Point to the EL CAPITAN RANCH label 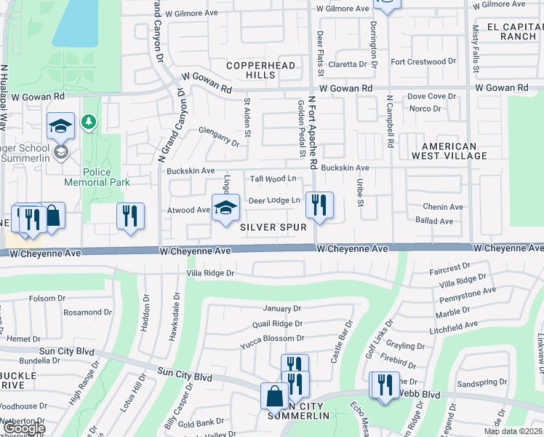click(x=512, y=31)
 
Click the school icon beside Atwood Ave click(x=225, y=208)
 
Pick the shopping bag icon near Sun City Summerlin click(x=275, y=396)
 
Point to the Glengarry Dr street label click(x=219, y=136)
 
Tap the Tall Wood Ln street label click(x=273, y=178)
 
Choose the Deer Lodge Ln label click(x=274, y=200)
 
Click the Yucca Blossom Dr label click(x=273, y=339)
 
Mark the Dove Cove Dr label click(x=431, y=96)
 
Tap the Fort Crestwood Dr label click(x=423, y=62)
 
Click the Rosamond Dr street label click(x=87, y=312)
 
